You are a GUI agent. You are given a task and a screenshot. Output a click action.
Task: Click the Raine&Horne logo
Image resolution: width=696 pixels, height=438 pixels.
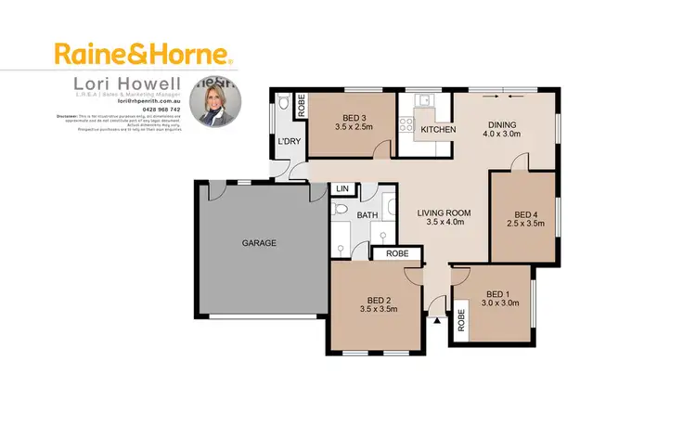(x=145, y=52)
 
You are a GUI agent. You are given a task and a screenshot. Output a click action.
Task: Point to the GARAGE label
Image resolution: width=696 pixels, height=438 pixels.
(x=260, y=243)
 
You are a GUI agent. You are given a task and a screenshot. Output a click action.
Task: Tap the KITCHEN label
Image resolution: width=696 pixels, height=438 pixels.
(x=438, y=130)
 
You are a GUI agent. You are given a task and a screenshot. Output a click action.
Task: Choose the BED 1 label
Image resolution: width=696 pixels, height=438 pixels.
(x=498, y=297)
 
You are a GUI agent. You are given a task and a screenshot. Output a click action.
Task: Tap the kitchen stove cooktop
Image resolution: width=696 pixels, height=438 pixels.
(x=409, y=122)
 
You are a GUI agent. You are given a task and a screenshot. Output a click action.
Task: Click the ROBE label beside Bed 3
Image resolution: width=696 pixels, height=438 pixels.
(x=301, y=106)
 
